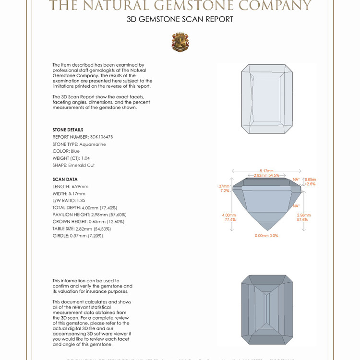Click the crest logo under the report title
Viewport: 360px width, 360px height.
point(180,42)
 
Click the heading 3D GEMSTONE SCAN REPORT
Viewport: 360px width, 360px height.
point(180,19)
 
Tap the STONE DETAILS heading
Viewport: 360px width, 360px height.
point(68,130)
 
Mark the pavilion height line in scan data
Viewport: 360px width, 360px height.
point(89,215)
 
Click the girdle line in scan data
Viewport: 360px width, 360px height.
point(78,236)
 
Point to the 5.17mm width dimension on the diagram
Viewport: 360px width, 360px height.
point(266,170)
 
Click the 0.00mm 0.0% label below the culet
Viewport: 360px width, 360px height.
point(266,236)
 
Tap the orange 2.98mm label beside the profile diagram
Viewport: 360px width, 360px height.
point(304,216)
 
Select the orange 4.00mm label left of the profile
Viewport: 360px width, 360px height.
point(229,216)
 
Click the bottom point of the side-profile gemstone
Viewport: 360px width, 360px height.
point(266,230)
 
